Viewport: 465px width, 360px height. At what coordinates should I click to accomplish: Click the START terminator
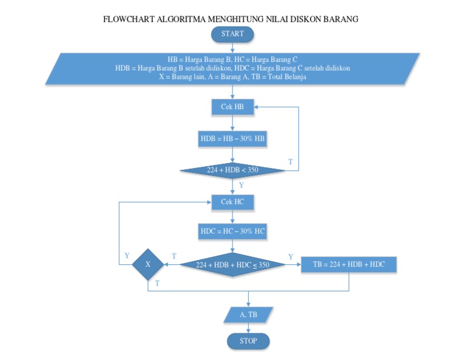232,34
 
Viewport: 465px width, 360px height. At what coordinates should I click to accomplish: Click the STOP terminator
248,341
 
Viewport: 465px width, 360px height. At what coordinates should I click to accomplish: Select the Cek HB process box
232,107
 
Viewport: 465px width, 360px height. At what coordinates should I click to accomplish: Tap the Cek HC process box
232,202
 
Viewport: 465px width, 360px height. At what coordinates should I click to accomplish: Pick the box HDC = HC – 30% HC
232,232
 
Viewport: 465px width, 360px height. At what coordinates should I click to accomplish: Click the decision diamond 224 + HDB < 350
232,170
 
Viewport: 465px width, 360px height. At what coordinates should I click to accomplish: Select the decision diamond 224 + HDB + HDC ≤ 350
232,265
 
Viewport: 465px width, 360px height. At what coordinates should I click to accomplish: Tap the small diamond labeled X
148,265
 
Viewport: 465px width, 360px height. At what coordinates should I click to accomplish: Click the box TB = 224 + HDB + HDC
349,265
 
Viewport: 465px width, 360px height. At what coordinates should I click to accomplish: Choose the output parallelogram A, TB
248,315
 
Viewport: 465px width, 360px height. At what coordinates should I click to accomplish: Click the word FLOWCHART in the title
129,19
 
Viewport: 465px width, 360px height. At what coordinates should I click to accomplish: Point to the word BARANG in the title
340,19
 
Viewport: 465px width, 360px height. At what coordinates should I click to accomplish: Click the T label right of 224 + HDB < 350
290,162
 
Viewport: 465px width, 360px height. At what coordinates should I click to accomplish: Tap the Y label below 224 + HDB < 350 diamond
242,185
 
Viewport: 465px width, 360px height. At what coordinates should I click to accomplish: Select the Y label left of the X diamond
127,256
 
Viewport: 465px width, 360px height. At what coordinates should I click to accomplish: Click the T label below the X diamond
157,283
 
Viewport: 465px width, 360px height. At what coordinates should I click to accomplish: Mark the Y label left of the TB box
291,256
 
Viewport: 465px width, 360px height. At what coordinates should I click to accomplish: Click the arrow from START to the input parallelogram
232,47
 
